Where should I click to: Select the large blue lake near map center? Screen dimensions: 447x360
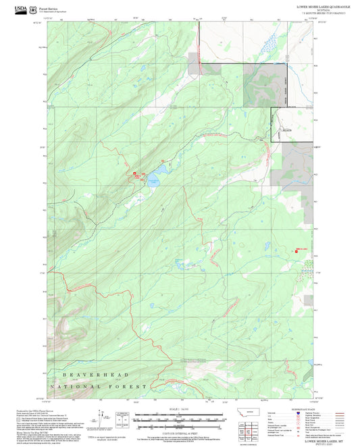(x=153, y=180)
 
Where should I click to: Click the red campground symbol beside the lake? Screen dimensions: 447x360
(x=135, y=174)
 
